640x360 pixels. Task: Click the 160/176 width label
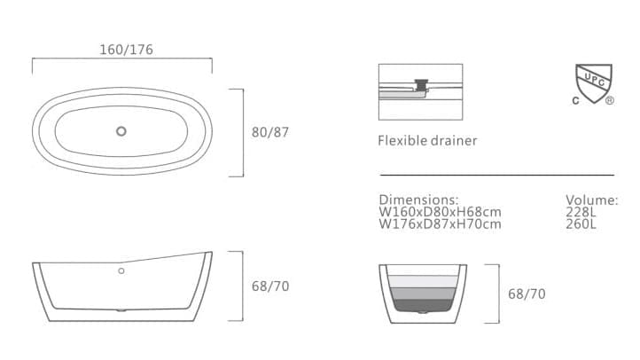coord(126,50)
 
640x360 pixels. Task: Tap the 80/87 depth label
coord(270,132)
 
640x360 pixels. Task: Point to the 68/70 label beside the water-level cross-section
coord(527,293)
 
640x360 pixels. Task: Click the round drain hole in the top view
coord(121,132)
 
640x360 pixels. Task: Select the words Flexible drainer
coord(427,141)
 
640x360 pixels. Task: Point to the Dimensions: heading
coord(418,200)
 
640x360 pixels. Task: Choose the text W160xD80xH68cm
coord(440,212)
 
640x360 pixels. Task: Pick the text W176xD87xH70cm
coord(440,223)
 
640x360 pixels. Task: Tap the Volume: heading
coord(591,200)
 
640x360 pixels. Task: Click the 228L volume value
coord(581,212)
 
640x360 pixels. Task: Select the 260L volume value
coord(581,223)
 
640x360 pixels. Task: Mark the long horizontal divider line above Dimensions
coord(496,176)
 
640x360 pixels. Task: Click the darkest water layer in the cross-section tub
coord(424,305)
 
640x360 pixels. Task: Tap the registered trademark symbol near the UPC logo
coord(610,101)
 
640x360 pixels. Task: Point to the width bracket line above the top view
coord(121,60)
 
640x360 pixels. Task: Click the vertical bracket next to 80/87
coord(242,132)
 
